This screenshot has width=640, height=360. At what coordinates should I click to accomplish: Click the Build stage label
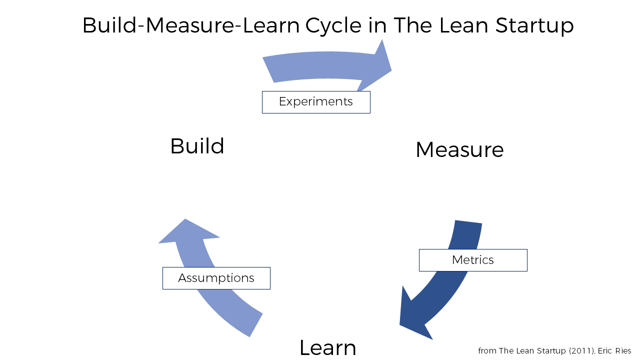coord(197,146)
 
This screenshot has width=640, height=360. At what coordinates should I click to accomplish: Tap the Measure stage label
coord(459,149)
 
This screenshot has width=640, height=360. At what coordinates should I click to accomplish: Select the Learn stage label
coord(327,347)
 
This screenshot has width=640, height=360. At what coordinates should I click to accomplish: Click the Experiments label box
coord(316,102)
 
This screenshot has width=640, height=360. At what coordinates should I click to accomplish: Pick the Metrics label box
coord(473,260)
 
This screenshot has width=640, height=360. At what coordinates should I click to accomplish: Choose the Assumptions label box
coord(216,278)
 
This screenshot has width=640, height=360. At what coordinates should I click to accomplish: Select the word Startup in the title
coord(534,25)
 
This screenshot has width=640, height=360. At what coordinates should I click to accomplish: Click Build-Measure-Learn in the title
coord(193,25)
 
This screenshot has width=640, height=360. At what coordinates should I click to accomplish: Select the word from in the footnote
coord(487,350)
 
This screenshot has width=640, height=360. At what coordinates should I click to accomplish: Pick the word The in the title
coord(411,25)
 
